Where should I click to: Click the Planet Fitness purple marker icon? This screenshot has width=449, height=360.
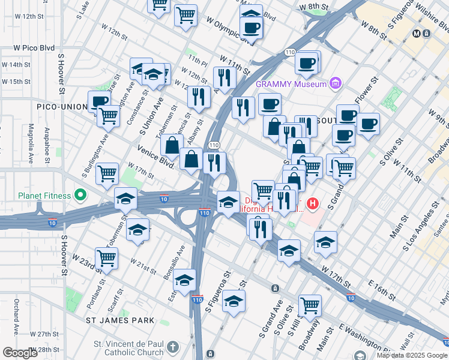point(79,196)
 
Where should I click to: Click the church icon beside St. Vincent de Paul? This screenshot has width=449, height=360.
point(173,346)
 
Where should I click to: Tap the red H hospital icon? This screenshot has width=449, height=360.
point(312,204)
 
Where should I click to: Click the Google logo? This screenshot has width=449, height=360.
point(20,353)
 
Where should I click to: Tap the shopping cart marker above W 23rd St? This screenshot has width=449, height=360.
point(107,258)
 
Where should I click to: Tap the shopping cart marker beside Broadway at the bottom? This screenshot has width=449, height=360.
point(310,305)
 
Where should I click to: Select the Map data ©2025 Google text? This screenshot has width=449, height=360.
point(411,355)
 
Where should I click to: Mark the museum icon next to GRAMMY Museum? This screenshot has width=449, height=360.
point(336,83)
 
